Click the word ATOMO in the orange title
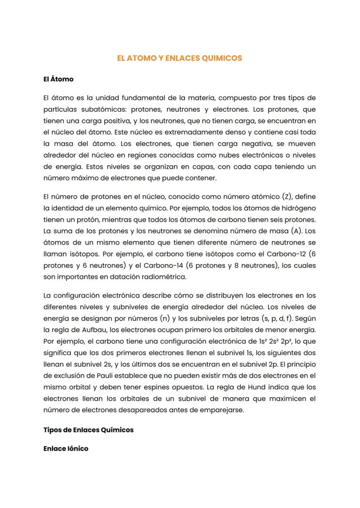(139, 58)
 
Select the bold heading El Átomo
(58, 79)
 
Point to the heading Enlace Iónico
(66, 448)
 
